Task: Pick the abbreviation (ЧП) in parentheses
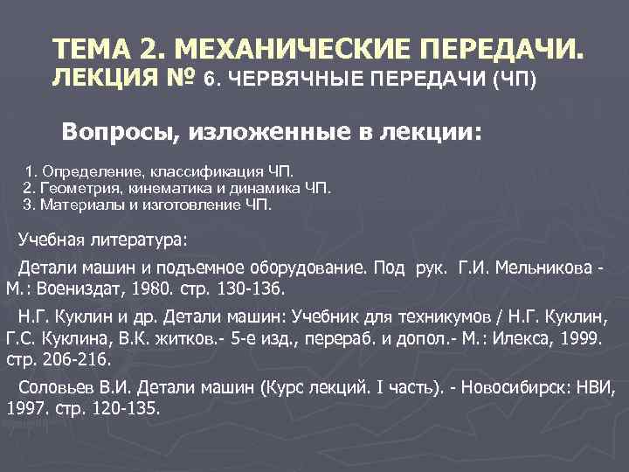point(516,80)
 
